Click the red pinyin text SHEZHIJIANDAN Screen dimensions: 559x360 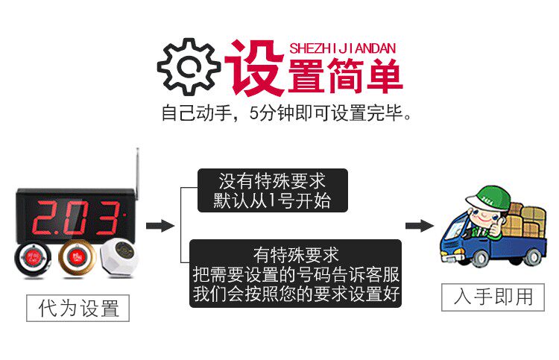pyautogui.click(x=342, y=48)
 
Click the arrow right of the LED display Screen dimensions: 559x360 pyautogui.click(x=159, y=226)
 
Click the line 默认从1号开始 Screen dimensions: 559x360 pyautogui.click(x=272, y=200)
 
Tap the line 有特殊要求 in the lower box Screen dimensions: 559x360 pyautogui.click(x=296, y=254)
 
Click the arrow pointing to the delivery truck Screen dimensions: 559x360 pyautogui.click(x=419, y=226)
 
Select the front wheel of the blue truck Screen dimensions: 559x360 pyautogui.click(x=482, y=258)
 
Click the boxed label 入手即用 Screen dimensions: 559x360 pyautogui.click(x=493, y=296)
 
